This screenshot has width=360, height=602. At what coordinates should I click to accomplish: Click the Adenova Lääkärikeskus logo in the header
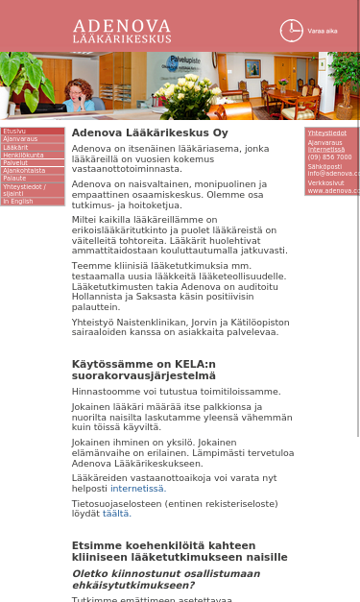point(122,31)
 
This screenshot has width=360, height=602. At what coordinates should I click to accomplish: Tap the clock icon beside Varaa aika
point(291,31)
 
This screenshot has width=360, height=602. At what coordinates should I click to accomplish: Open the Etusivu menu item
point(14,132)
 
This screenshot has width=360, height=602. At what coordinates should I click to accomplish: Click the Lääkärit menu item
point(16,147)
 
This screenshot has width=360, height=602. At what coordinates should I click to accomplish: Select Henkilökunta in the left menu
point(23,155)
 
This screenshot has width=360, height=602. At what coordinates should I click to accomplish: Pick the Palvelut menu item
point(15,162)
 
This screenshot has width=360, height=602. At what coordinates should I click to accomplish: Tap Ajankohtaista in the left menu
point(24,170)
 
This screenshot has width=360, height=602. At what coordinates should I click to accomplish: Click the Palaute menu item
point(15,178)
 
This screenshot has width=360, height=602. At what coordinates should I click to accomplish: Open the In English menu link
point(18,202)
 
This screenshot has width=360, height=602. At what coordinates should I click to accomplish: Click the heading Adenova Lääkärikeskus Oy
point(150,133)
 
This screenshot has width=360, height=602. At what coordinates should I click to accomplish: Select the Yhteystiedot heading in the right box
point(327,133)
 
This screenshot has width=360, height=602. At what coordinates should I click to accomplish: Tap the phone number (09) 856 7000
point(329,157)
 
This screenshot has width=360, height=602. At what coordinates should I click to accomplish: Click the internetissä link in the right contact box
point(326,150)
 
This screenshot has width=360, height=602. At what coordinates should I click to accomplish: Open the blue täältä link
point(116,514)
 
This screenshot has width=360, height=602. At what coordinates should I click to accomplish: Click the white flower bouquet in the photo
point(188,94)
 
